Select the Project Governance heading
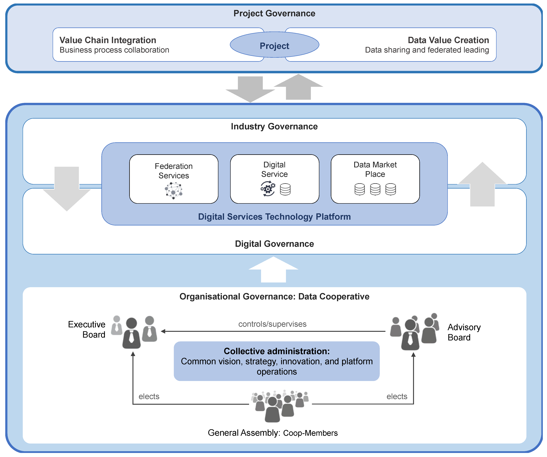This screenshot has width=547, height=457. (274, 13)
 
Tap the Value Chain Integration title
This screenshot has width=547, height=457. (108, 40)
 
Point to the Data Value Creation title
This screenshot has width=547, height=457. (448, 40)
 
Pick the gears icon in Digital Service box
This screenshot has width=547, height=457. (268, 189)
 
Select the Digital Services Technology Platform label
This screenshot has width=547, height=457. (274, 217)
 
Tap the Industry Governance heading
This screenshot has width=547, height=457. (274, 126)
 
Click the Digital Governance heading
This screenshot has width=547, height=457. (274, 244)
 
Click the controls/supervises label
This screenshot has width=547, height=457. (272, 324)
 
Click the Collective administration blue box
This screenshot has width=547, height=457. (277, 361)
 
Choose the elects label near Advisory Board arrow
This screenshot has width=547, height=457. (397, 396)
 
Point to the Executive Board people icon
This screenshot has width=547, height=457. (134, 332)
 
